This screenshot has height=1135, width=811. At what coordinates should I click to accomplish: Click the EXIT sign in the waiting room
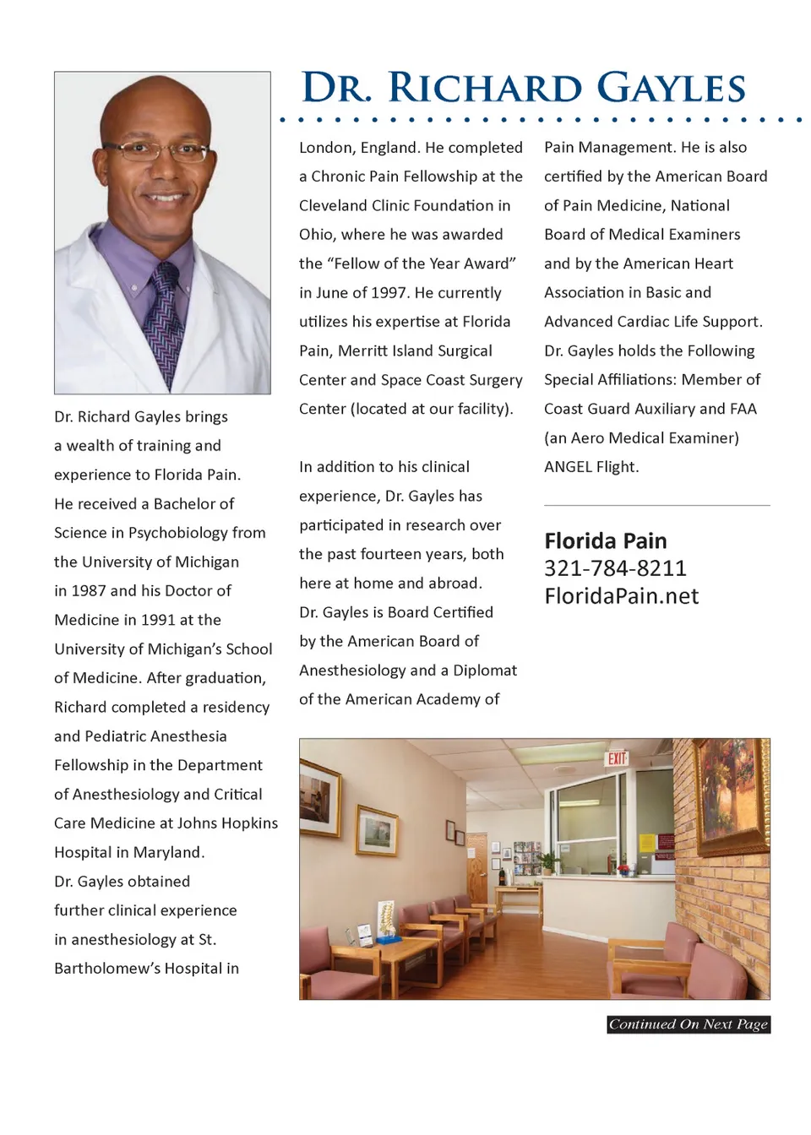click(618, 758)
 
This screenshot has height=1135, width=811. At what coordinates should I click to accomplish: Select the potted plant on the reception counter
click(551, 861)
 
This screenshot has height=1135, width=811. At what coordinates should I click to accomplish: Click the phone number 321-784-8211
click(615, 568)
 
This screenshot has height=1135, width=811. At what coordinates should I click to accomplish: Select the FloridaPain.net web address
click(621, 596)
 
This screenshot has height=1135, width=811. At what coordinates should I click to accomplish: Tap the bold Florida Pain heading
click(605, 540)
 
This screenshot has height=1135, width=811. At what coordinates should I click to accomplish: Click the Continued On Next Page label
click(689, 1024)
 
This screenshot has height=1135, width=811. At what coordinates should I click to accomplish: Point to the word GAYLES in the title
click(671, 89)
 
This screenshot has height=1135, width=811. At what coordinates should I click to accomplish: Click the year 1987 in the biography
click(89, 590)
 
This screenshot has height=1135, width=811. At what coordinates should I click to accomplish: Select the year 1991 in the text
click(158, 620)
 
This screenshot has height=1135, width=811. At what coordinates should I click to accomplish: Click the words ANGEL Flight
click(591, 467)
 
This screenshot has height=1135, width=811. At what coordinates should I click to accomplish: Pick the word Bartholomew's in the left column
click(106, 969)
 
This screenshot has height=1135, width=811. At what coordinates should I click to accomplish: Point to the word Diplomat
click(485, 671)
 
